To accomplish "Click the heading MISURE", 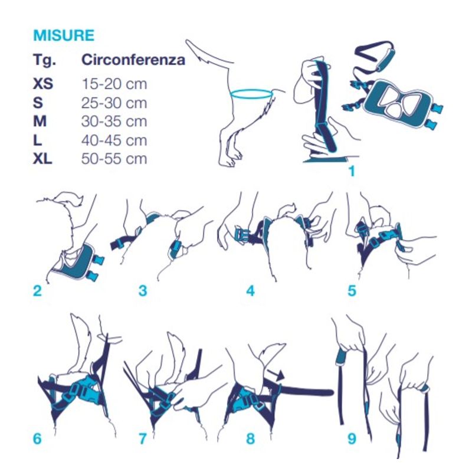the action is pyautogui.click(x=64, y=35).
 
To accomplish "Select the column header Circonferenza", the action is pyautogui.click(x=133, y=60).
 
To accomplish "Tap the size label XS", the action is pyautogui.click(x=43, y=83).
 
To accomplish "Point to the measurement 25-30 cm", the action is pyautogui.click(x=114, y=103).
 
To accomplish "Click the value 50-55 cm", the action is pyautogui.click(x=114, y=158).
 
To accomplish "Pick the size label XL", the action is pyautogui.click(x=42, y=158).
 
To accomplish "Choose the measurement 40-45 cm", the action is pyautogui.click(x=114, y=140).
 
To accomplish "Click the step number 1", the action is pyautogui.click(x=352, y=171).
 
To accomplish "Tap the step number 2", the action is pyautogui.click(x=37, y=291).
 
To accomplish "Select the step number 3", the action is pyautogui.click(x=143, y=291).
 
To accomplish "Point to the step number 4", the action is pyautogui.click(x=250, y=291).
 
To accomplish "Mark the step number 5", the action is pyautogui.click(x=352, y=291).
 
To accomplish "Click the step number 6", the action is pyautogui.click(x=37, y=438).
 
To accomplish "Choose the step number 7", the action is pyautogui.click(x=143, y=438).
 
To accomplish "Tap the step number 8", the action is pyautogui.click(x=250, y=438).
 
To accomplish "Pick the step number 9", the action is pyautogui.click(x=352, y=438).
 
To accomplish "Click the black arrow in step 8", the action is pyautogui.click(x=276, y=375).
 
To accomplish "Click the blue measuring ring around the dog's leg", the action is pyautogui.click(x=252, y=98).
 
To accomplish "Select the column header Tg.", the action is pyautogui.click(x=45, y=60).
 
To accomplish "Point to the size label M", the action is pyautogui.click(x=40, y=122).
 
